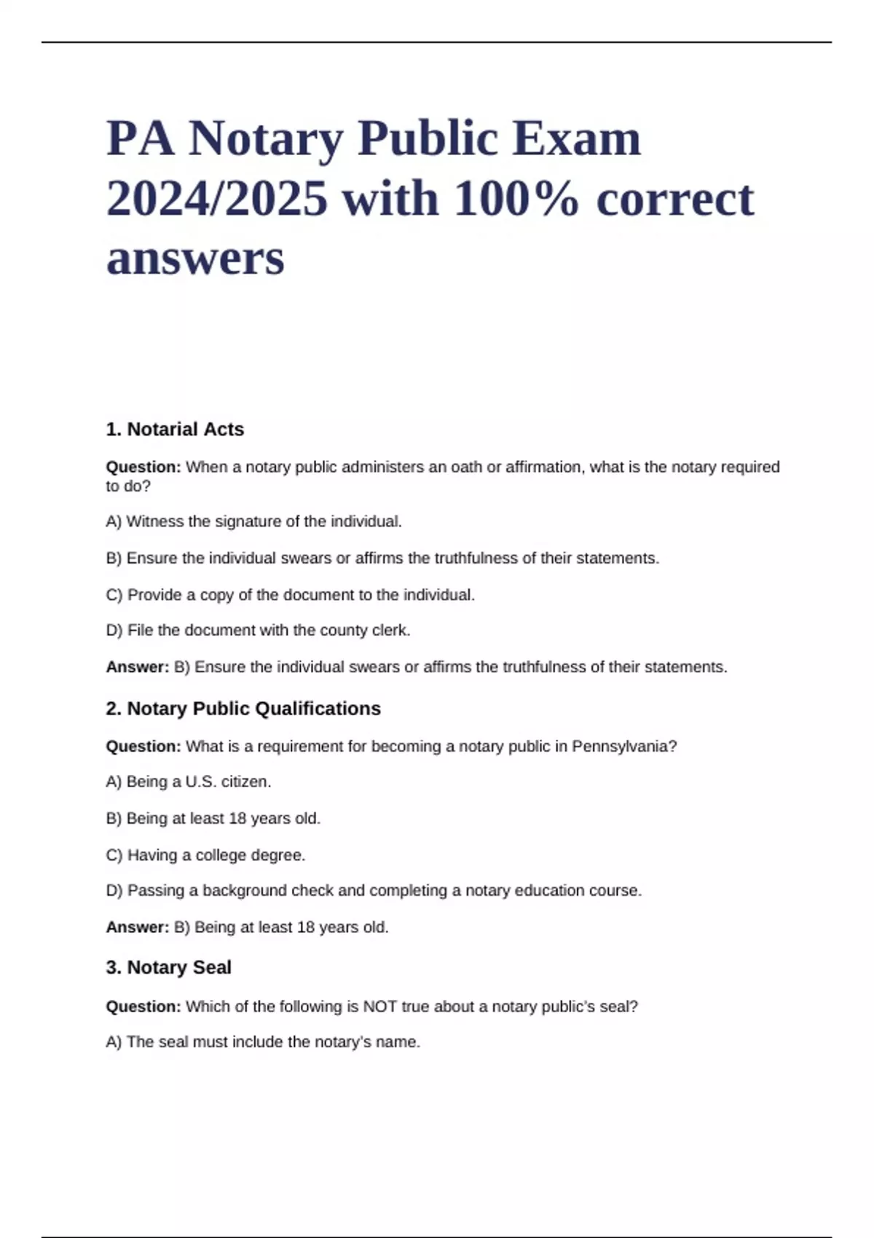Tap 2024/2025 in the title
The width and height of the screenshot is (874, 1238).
217,199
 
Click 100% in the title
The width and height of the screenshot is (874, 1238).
516,199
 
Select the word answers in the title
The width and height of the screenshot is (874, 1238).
195,259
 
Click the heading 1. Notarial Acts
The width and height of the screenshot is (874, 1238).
175,430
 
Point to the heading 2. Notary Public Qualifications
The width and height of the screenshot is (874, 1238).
243,709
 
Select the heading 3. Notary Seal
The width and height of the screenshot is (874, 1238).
168,967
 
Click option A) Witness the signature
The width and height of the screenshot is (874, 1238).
253,521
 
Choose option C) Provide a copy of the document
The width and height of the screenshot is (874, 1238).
290,595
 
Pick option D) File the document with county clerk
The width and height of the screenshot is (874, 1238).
258,630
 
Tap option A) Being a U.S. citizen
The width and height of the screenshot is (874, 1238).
189,781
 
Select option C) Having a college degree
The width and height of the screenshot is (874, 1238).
205,855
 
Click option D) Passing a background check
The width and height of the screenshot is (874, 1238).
374,890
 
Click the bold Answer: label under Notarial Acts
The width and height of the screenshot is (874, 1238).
138,667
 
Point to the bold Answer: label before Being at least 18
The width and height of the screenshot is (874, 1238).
138,927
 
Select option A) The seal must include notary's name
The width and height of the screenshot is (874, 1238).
263,1042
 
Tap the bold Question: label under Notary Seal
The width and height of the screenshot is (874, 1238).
143,1006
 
